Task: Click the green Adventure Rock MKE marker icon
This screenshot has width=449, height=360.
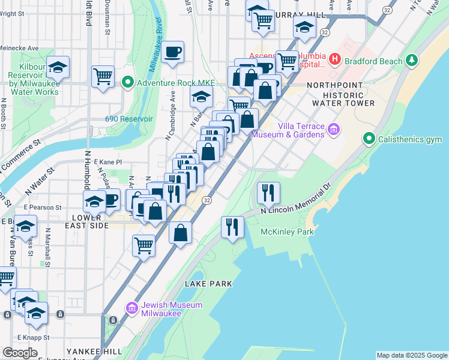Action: pyautogui.click(x=127, y=82)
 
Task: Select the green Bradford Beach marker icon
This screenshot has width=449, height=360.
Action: pyautogui.click(x=412, y=60)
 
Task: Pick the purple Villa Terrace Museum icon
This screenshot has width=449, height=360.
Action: pyautogui.click(x=334, y=129)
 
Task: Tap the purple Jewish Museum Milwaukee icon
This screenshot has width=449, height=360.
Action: pyautogui.click(x=133, y=309)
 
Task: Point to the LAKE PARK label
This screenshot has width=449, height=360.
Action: pyautogui.click(x=208, y=283)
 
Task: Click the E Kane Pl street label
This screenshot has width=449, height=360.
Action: pyautogui.click(x=108, y=163)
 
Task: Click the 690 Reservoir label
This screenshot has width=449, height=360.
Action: pyautogui.click(x=128, y=119)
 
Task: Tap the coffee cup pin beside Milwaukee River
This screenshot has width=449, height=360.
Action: pyautogui.click(x=172, y=52)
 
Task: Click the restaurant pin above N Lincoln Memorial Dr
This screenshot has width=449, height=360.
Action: pyautogui.click(x=268, y=193)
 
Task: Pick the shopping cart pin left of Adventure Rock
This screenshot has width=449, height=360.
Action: pyautogui.click(x=103, y=77)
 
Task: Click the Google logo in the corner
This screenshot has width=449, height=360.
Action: pyautogui.click(x=20, y=353)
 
